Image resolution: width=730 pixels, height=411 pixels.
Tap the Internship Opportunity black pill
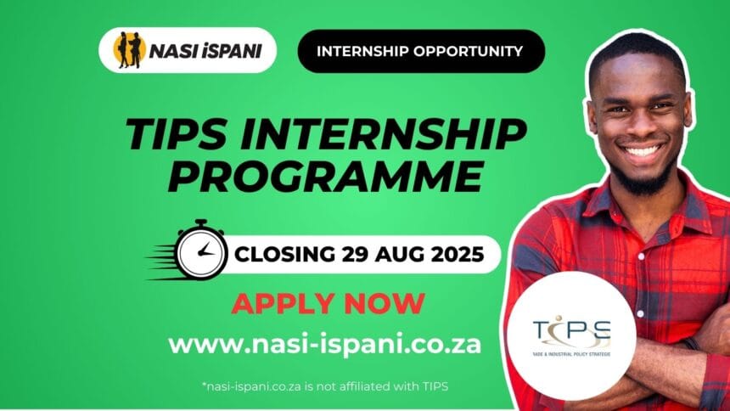420,51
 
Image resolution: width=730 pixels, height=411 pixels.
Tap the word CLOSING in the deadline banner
284,253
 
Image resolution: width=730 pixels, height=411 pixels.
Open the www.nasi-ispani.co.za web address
325,344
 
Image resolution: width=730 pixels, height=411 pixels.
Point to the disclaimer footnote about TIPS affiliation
325,386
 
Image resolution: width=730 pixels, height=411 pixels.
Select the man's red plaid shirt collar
594,204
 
